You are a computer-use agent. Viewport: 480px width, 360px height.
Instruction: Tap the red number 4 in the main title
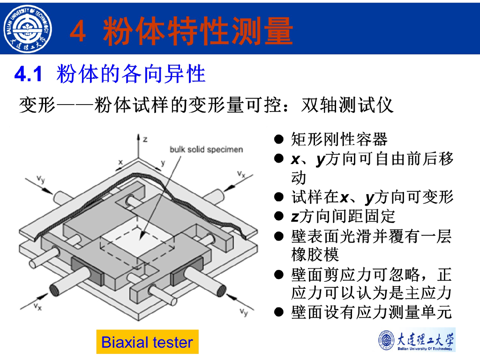tap(78, 32)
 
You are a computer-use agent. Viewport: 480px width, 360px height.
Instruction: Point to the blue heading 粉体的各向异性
tap(131, 74)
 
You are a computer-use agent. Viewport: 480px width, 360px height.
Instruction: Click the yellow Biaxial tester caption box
tap(147, 342)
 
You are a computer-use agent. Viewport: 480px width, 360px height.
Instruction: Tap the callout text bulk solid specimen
tap(206, 150)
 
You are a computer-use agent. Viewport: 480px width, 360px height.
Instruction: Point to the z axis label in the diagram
tap(145, 139)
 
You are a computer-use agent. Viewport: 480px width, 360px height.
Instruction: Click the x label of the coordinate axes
tap(120, 162)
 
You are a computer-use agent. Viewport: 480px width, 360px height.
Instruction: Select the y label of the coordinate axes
tap(163, 163)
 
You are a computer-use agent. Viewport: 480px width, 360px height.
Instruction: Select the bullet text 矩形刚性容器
tap(339, 139)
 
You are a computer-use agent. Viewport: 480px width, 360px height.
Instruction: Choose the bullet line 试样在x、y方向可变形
tap(372, 197)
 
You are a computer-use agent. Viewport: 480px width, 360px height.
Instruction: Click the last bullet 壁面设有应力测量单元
tap(371, 312)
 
